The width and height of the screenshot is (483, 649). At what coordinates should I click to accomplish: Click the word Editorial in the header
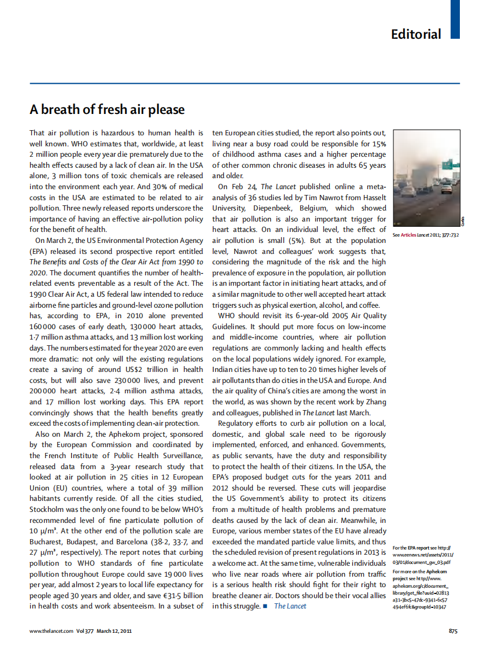(x=416, y=34)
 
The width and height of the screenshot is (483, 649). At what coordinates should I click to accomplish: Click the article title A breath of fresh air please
(x=107, y=109)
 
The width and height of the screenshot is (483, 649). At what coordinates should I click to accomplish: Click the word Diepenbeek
(x=276, y=208)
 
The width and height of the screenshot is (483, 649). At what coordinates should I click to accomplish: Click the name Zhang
(x=375, y=402)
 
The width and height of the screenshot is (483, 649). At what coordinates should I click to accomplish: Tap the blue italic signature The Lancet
(x=290, y=606)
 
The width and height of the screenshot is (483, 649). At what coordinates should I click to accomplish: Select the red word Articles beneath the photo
(x=408, y=235)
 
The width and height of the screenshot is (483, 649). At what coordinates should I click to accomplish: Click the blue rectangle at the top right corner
(x=455, y=19)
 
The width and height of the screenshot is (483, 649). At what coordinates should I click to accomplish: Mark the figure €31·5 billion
(x=180, y=595)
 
